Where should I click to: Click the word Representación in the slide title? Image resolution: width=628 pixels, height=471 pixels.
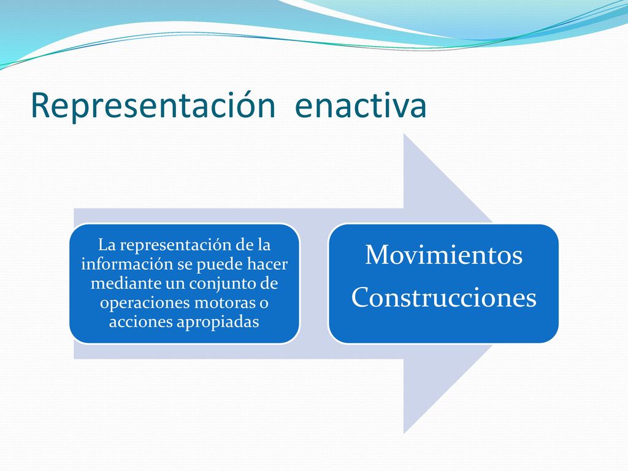click(153, 105)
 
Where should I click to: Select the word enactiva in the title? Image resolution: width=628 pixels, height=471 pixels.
click(361, 105)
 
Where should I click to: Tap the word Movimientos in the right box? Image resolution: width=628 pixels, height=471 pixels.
click(444, 255)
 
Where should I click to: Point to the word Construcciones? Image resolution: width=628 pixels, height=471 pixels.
click(444, 297)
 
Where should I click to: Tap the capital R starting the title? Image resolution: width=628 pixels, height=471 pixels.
click(40, 105)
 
